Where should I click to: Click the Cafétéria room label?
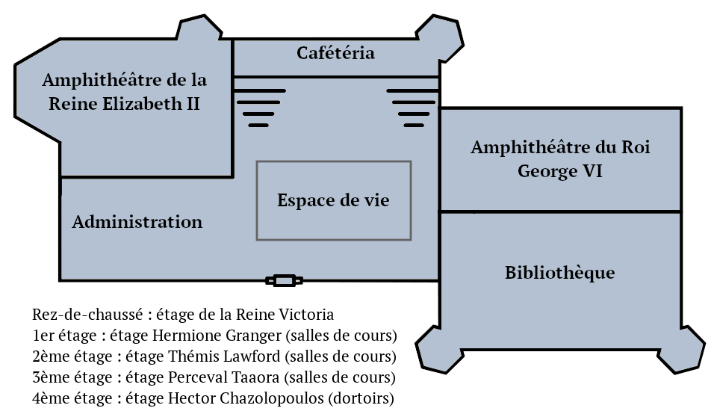335,53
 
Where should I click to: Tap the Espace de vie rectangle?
334,161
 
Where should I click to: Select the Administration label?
137,222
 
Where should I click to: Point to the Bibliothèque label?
559,273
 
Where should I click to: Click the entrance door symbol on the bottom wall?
284,280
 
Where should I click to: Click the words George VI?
559,171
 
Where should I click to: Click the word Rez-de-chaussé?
87,315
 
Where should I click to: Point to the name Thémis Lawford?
224,356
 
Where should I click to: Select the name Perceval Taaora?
223,377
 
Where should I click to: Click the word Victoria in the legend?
306,315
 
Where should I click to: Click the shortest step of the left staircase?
258,126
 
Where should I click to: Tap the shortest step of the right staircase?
414,126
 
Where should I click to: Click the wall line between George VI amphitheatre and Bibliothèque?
561,211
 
